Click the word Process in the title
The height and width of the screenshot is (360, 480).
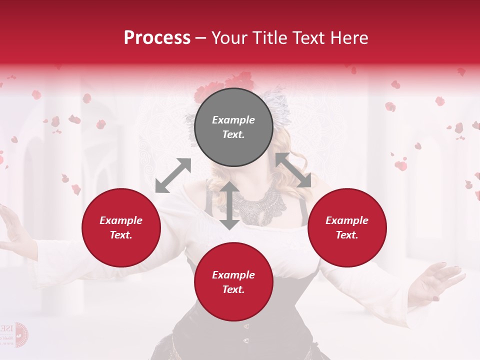coord(157,38)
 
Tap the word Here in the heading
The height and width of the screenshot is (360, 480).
coord(348,38)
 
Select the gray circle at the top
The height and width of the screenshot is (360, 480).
coord(233,127)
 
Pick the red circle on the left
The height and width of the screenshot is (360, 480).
coord(121,228)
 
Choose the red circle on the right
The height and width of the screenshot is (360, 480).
coord(346,228)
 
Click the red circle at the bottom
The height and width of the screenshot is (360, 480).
coord(233,282)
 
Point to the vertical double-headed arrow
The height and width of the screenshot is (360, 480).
coord(229,205)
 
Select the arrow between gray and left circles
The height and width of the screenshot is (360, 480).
coord(173,175)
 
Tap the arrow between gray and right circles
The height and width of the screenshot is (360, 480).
coord(293,170)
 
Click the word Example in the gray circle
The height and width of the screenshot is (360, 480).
coord(233,120)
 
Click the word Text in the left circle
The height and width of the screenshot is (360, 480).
coord(120,235)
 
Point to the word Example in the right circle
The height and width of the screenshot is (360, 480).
coord(346,220)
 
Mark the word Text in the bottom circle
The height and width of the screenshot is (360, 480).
coord(233,290)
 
